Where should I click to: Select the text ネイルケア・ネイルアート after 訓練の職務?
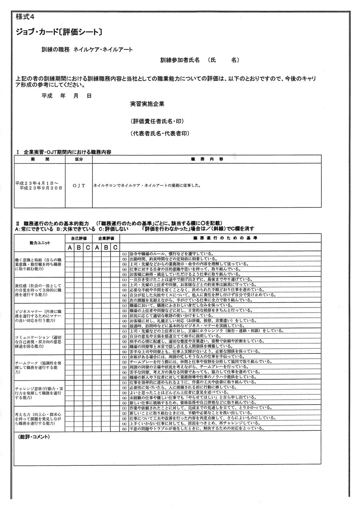[x=103, y=50]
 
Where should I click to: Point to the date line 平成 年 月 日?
[x=66, y=96]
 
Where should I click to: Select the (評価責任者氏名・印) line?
[x=157, y=121]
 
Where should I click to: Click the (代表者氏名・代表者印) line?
[x=159, y=133]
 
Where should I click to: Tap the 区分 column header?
[x=79, y=159]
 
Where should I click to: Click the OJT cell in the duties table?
[x=79, y=185]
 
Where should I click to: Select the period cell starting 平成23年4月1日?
[x=39, y=185]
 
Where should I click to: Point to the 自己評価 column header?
[x=79, y=237]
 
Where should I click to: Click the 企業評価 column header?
[x=106, y=237]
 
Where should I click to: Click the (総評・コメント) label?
[x=33, y=437]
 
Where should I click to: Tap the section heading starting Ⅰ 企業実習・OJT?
[x=64, y=152]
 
